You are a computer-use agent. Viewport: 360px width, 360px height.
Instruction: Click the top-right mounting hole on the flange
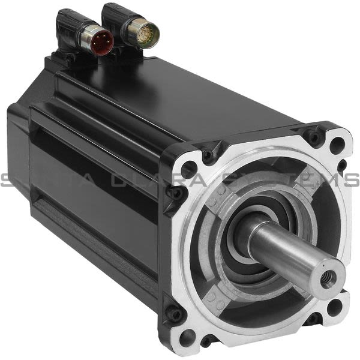[337, 144]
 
